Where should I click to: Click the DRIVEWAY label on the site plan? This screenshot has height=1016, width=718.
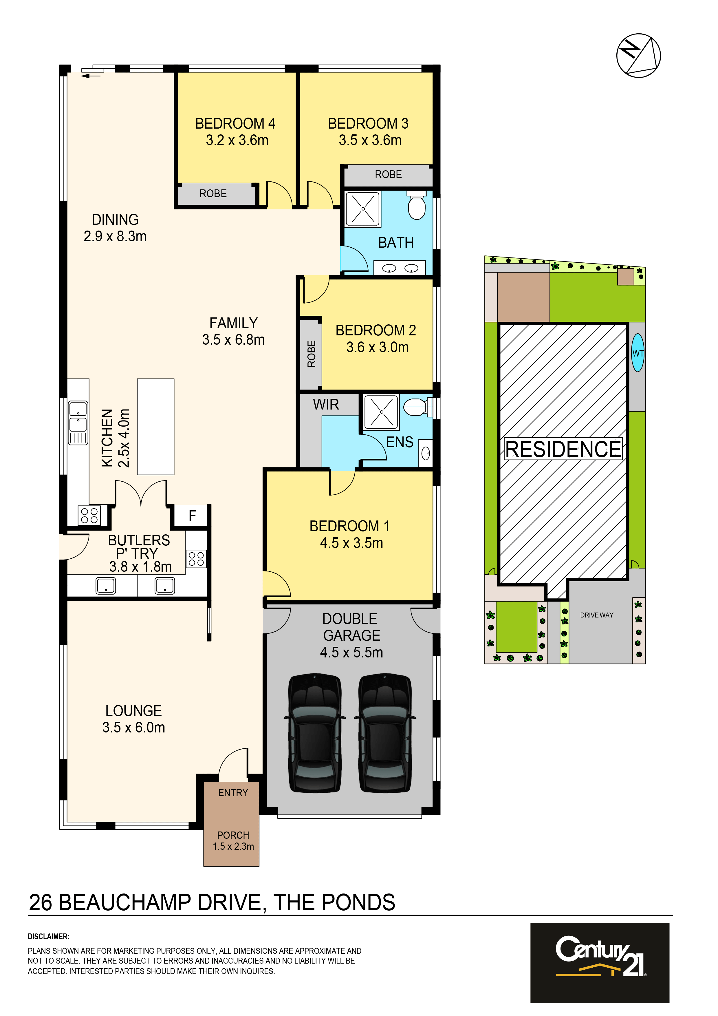(596, 615)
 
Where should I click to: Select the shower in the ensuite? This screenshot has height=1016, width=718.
(381, 412)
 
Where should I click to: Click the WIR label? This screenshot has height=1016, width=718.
(326, 404)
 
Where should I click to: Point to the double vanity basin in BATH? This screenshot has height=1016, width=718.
(400, 268)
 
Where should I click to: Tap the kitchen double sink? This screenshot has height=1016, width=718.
(78, 423)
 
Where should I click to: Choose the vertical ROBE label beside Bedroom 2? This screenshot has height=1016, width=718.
(312, 354)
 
